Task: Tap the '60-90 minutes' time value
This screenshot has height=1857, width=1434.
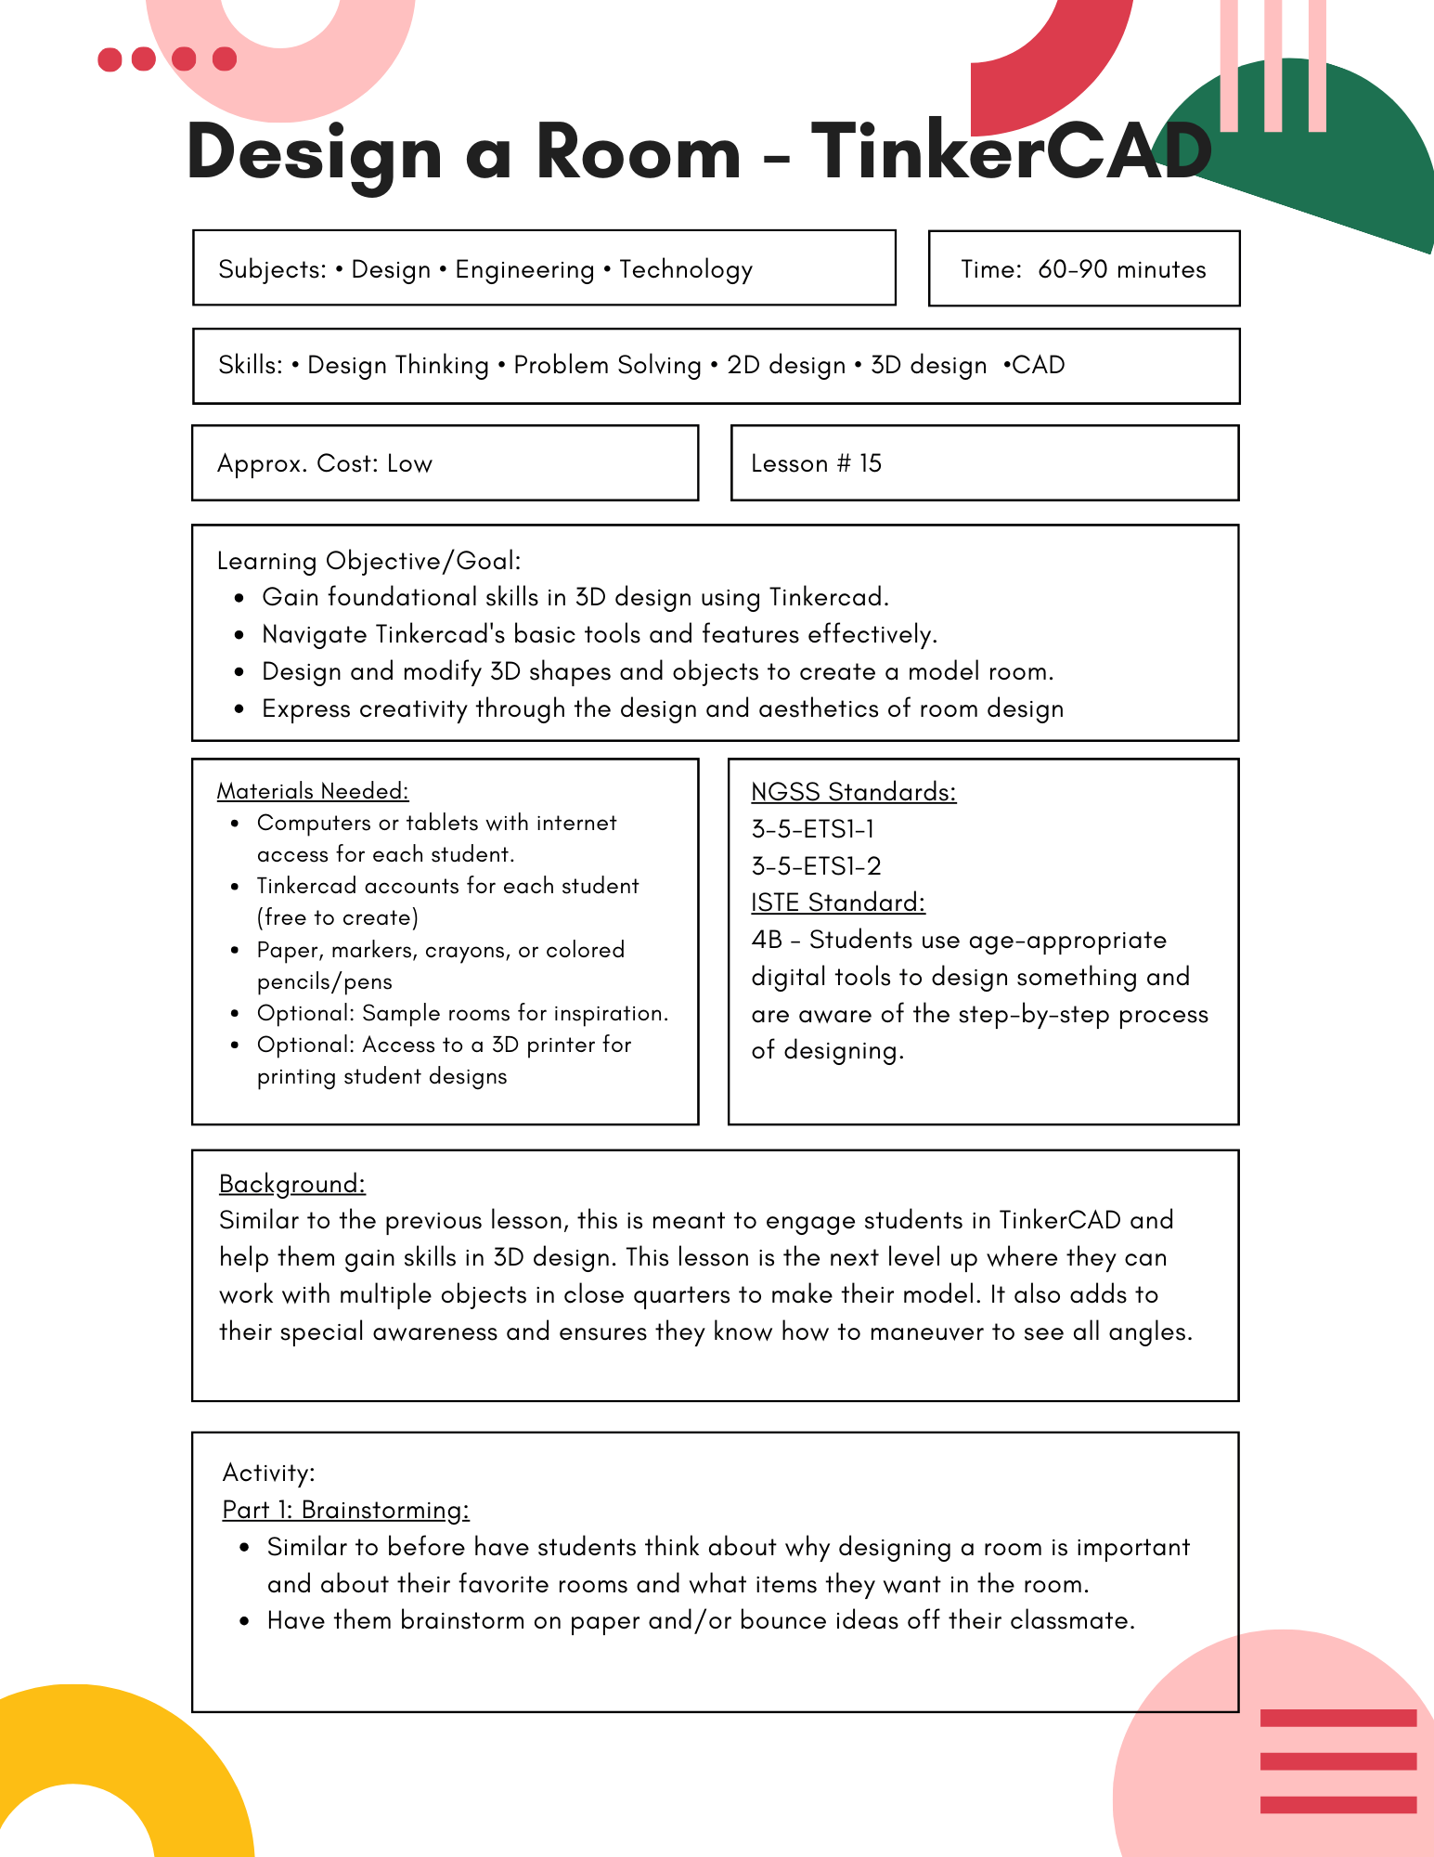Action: (1121, 269)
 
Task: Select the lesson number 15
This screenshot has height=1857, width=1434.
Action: (870, 463)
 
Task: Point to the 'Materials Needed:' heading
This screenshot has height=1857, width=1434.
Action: (312, 791)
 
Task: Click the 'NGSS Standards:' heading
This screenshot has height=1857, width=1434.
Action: (853, 792)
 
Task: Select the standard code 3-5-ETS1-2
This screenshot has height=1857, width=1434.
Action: (816, 866)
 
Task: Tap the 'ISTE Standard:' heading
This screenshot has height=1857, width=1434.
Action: (837, 903)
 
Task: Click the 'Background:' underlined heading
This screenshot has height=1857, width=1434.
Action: (292, 1184)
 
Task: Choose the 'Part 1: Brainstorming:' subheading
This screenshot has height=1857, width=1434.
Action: (345, 1510)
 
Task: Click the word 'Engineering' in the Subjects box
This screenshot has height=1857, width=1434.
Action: (524, 269)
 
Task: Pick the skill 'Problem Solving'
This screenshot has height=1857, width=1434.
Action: (607, 365)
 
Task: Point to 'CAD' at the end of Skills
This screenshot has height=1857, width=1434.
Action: (1038, 365)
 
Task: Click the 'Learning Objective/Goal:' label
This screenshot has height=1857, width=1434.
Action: (368, 561)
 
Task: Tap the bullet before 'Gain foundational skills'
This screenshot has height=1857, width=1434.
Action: (239, 598)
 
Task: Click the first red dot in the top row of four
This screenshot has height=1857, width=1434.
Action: (110, 59)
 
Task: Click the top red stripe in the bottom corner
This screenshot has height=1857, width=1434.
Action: (1337, 1718)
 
